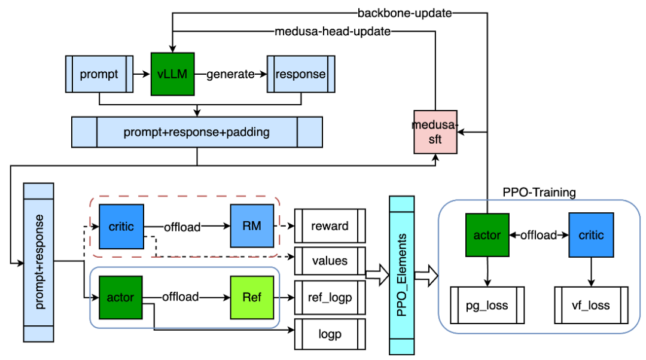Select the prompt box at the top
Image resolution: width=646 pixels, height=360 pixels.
[x=99, y=75]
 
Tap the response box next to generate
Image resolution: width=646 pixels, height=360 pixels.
[x=300, y=75]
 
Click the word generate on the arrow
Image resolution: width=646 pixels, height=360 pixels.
[x=230, y=75]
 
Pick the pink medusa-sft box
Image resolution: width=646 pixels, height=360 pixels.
[x=435, y=132]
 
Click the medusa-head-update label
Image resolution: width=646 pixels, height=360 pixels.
[x=333, y=32]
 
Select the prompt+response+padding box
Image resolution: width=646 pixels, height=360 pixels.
[x=197, y=132]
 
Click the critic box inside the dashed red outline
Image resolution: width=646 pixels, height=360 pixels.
[x=121, y=227]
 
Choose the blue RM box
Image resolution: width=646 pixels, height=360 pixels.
[x=252, y=227]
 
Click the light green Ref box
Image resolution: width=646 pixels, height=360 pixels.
[x=252, y=297]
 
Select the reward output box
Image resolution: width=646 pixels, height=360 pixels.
[x=330, y=227]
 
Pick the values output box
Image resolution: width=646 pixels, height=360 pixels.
[x=330, y=261]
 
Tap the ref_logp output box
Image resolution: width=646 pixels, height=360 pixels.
[x=330, y=297]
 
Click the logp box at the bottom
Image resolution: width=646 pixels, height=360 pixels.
[x=330, y=334]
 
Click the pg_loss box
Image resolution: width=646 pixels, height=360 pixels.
[x=487, y=306]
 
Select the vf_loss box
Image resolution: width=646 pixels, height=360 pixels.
[x=592, y=306]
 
